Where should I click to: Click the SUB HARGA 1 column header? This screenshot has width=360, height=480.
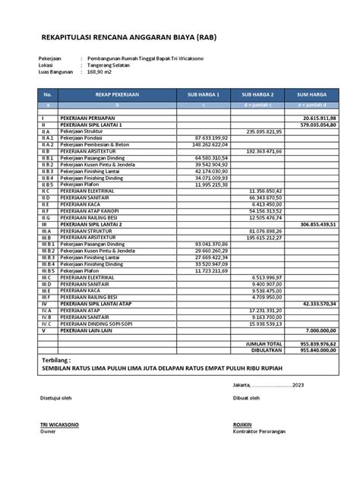click(x=203, y=94)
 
